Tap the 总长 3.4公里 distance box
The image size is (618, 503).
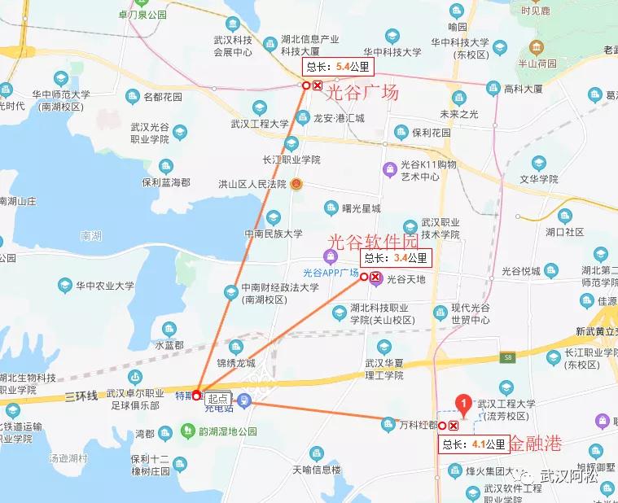coord(396,258)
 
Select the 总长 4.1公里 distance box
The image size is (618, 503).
coord(474,444)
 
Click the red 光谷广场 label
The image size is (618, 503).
coord(362,93)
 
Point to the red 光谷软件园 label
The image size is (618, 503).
coord(371,241)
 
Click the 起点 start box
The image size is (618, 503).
coord(217,398)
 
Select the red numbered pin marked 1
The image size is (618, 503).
coord(463,402)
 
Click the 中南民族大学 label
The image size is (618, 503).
coord(274,234)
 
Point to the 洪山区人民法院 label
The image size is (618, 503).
coord(252,184)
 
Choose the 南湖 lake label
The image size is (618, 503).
coord(91,236)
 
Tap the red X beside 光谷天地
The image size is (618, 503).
coord(375,277)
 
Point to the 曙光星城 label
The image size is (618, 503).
coord(361,208)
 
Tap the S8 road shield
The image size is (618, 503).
coord(508,356)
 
